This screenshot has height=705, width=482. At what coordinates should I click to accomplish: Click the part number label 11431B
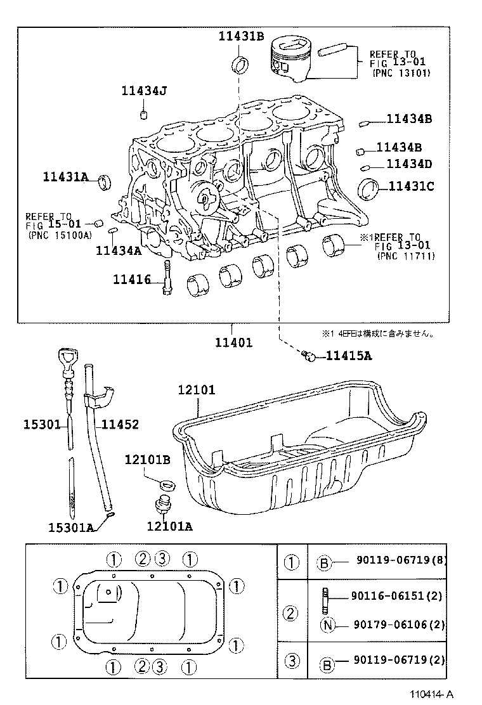coord(241,36)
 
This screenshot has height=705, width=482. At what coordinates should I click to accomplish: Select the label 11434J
coord(144,91)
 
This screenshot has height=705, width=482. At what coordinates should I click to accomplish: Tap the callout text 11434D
coord(409,164)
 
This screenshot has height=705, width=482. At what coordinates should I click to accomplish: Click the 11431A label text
coord(66,177)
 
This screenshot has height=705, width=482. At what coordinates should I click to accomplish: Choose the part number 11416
coord(132,279)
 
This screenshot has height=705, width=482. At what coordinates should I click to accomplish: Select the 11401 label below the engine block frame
coord(233,342)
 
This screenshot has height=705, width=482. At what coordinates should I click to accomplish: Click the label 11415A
coord(349,356)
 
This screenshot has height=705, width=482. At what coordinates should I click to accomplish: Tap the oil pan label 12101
coord(197,391)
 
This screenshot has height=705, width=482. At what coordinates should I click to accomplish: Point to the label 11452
coord(120,425)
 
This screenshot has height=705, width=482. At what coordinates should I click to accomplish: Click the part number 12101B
coord(147,459)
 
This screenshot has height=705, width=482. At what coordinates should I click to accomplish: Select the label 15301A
coord(70,527)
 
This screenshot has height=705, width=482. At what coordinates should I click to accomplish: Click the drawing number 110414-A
coord(431,695)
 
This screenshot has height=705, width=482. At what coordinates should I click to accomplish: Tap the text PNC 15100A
coord(60,235)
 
